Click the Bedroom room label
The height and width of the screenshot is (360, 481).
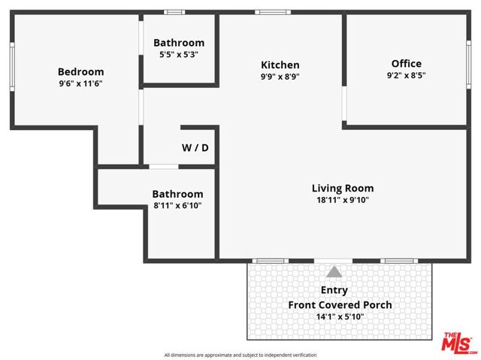tap(80, 72)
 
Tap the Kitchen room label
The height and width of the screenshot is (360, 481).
tap(280, 65)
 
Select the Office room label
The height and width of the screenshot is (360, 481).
tap(406, 63)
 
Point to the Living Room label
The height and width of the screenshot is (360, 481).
tap(343, 188)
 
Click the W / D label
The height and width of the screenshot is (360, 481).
tap(195, 148)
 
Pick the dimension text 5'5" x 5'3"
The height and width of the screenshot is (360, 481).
tap(179, 55)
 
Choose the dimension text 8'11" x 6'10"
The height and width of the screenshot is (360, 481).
tap(177, 205)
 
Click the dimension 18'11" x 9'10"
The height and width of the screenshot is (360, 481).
tap(343, 200)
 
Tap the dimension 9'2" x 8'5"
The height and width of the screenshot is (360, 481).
tap(406, 75)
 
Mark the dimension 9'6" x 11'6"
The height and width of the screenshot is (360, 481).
tap(80, 84)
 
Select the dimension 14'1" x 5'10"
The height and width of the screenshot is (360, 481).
tap(340, 317)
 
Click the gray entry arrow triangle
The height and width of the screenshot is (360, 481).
tap(334, 271)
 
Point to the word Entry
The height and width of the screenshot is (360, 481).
tap(334, 289)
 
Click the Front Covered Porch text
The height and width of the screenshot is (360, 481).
tap(340, 304)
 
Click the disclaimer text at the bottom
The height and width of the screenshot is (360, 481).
tap(240, 355)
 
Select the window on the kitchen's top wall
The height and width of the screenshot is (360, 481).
tap(268, 12)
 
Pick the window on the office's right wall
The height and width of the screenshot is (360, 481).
tap(468, 68)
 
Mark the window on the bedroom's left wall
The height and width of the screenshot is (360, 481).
tap(11, 68)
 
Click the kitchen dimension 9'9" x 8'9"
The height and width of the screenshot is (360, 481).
tap(280, 77)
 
